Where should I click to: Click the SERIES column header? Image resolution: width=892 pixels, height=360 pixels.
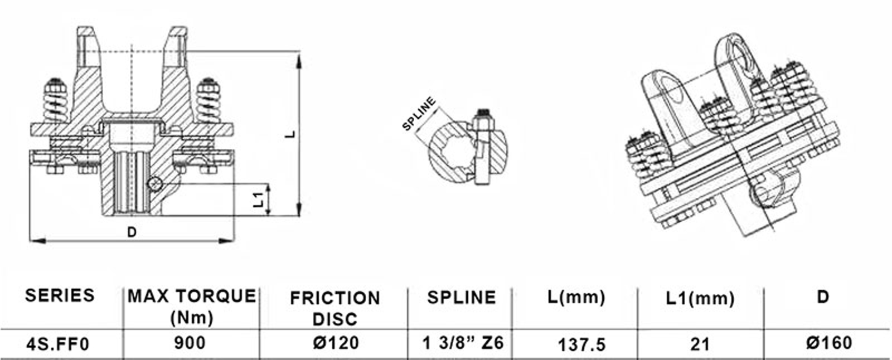pyautogui.click(x=60, y=295)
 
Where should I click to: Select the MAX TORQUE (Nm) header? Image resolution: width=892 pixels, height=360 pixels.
pyautogui.click(x=192, y=307)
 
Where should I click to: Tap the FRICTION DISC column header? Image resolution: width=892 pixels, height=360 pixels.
pyautogui.click(x=335, y=309)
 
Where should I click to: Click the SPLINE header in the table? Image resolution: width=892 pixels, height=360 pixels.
pyautogui.click(x=462, y=298)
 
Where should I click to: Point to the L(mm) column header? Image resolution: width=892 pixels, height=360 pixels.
pyautogui.click(x=576, y=298)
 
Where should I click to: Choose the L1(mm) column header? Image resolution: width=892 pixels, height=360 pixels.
pyautogui.click(x=700, y=298)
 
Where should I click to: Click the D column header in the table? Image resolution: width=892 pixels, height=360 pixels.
pyautogui.click(x=823, y=298)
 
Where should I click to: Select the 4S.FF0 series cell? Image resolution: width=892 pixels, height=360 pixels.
pyautogui.click(x=58, y=344)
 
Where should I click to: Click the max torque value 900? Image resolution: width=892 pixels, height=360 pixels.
pyautogui.click(x=190, y=343)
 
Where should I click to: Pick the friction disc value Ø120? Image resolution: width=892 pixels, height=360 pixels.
pyautogui.click(x=336, y=343)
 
